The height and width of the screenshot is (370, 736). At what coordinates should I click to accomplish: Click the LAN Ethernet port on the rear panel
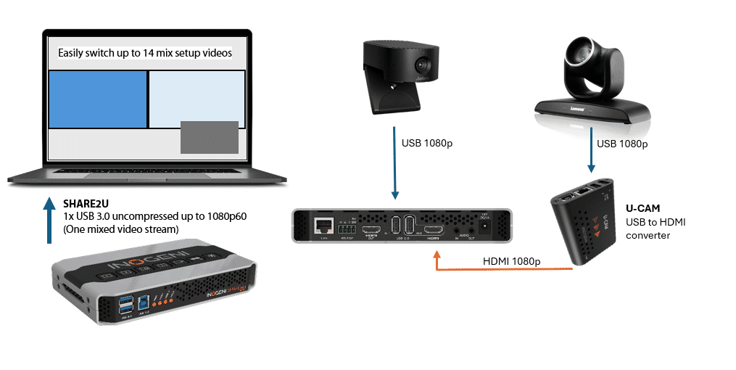320,225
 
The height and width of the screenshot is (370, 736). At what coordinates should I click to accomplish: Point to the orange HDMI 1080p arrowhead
437,255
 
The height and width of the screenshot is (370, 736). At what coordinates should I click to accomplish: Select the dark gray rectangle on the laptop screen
209,137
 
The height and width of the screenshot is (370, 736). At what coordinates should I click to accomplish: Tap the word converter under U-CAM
647,235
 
